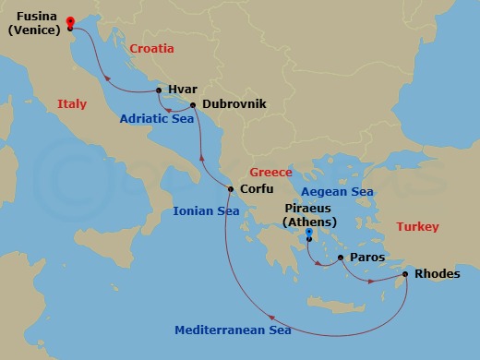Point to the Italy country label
[71, 104]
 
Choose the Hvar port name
[182, 90]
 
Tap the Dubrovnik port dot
[192, 104]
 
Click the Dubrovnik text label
[234, 104]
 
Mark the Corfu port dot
[231, 189]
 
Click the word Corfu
[258, 189]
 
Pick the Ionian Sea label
[206, 211]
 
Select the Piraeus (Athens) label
[309, 215]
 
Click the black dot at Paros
[340, 258]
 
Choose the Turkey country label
[417, 226]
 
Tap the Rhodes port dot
[405, 273]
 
